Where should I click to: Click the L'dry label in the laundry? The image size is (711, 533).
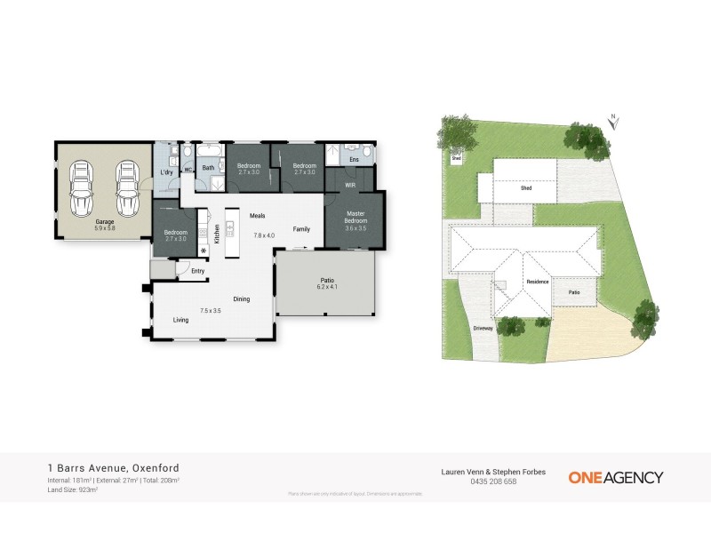pyautogui.click(x=165, y=172)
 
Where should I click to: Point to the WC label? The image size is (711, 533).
pyautogui.click(x=188, y=169)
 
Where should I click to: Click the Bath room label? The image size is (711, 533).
pyautogui.click(x=208, y=167)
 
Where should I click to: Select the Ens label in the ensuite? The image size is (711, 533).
pyautogui.click(x=353, y=159)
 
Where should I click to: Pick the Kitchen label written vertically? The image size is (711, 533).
pyautogui.click(x=217, y=234)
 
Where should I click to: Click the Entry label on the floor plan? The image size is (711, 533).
pyautogui.click(x=198, y=271)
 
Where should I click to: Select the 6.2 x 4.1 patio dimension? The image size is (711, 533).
pyautogui.click(x=326, y=288)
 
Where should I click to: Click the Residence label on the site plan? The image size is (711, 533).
pyautogui.click(x=537, y=282)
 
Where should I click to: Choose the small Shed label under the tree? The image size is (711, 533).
pyautogui.click(x=456, y=158)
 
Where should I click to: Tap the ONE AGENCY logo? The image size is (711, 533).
pyautogui.click(x=615, y=477)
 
